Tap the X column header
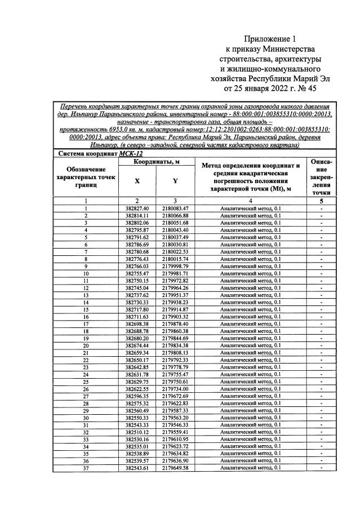click(x=137, y=181)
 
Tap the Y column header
click(x=175, y=181)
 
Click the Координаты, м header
click(x=156, y=162)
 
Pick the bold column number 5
click(x=321, y=201)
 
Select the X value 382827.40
click(x=137, y=209)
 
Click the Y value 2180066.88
click(x=175, y=216)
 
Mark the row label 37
click(x=86, y=468)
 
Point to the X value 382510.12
click(x=137, y=432)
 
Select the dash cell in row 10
click(x=321, y=273)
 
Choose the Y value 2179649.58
click(x=175, y=468)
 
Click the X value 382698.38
click(x=137, y=323)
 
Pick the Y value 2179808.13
click(x=175, y=352)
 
